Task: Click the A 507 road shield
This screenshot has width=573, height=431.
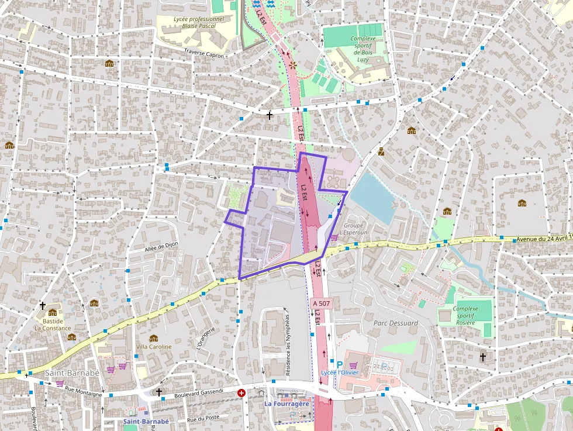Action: click(321, 304)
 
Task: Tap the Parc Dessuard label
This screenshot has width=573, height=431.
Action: click(396, 323)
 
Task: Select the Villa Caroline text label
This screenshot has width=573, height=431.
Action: click(154, 346)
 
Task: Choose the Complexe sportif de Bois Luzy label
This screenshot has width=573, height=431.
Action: click(363, 49)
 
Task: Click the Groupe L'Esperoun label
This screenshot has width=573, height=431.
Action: click(354, 229)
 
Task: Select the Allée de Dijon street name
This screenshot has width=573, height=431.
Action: click(161, 248)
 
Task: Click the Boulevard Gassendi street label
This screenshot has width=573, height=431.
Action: click(199, 391)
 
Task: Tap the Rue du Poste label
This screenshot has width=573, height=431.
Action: click(202, 419)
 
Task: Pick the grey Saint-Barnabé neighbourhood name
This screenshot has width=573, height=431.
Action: click(72, 373)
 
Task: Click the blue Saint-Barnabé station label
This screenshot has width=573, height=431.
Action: click(146, 421)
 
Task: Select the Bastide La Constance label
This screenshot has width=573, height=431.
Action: click(53, 324)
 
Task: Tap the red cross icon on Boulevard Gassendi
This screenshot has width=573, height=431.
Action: click(241, 393)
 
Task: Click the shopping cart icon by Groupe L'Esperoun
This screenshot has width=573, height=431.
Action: click(334, 237)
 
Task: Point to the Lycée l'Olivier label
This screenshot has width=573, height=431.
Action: click(340, 373)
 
